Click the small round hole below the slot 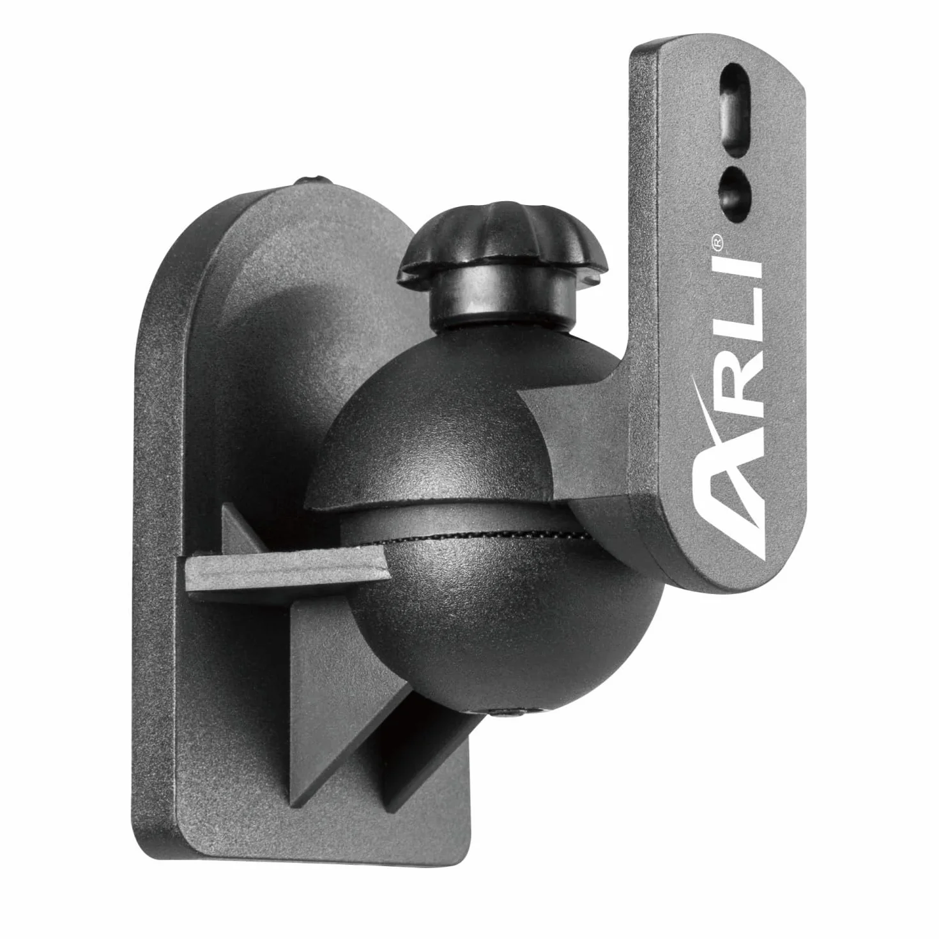click(735, 192)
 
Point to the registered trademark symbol click(717, 241)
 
